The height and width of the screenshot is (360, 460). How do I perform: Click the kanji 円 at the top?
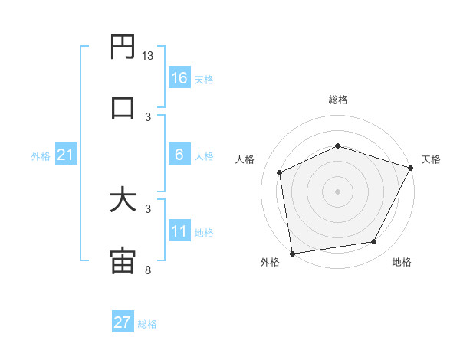123,47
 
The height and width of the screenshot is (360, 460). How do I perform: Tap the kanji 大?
123,200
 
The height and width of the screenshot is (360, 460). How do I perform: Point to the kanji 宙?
123,260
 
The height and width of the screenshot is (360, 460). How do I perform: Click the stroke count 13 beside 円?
148,56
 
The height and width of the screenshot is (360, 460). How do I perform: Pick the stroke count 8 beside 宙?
147,270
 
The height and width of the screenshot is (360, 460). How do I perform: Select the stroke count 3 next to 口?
147,116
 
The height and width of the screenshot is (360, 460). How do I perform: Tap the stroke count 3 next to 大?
147,208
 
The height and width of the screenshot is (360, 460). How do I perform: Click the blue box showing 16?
179,78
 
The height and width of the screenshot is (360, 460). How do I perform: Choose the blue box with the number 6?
179,155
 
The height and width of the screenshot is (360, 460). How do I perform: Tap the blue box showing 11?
179,231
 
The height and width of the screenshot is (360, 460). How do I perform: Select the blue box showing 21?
66,155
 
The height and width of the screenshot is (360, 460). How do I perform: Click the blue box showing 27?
123,322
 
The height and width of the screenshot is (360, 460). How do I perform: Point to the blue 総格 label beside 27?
147,324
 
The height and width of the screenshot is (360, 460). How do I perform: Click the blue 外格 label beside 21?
41,156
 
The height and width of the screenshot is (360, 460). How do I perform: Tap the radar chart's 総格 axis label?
337,100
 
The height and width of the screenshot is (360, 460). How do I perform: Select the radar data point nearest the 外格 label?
292,253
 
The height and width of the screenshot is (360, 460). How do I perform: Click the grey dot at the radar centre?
337,191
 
